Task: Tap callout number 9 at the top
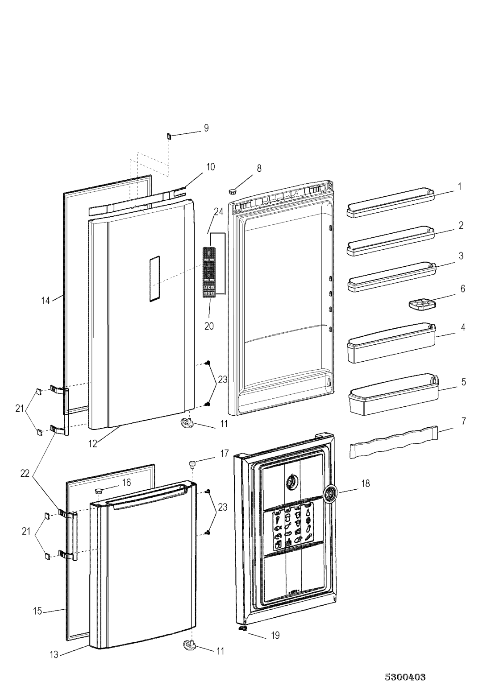(206, 128)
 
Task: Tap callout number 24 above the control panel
(219, 212)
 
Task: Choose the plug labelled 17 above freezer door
(192, 464)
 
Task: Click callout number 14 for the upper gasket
(46, 301)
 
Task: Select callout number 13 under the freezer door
(54, 653)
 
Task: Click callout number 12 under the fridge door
(93, 444)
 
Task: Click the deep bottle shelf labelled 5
(394, 394)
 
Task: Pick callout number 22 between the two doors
(25, 473)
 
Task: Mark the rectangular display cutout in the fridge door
(154, 279)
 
